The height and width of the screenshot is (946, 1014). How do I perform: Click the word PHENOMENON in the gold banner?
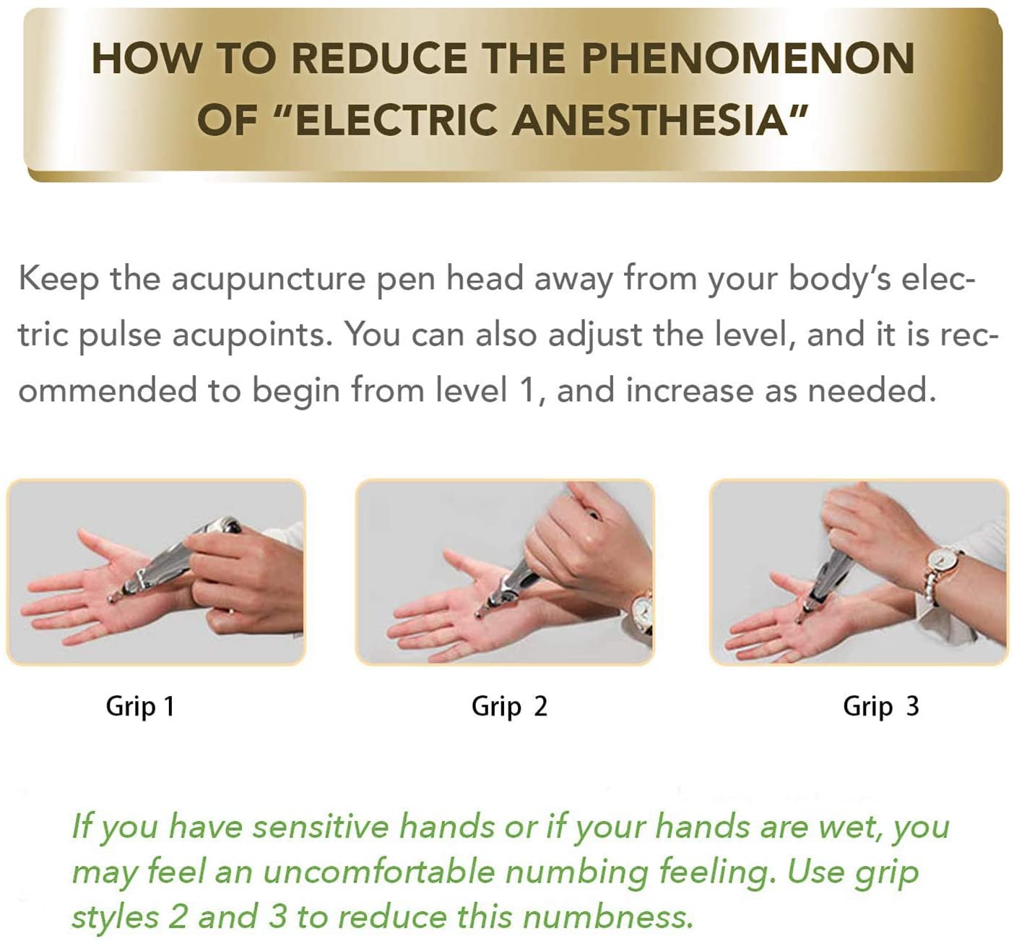[x=748, y=58]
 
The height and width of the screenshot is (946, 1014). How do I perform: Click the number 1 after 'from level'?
[x=529, y=390]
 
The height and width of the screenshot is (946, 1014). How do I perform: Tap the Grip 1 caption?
[x=140, y=708]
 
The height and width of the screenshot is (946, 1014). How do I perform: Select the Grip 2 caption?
[x=509, y=708]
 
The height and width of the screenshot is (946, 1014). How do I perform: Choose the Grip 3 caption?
[x=880, y=708]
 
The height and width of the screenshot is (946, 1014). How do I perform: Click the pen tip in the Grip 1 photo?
[x=110, y=598]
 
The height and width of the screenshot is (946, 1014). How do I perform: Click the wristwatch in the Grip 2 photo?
[x=641, y=614]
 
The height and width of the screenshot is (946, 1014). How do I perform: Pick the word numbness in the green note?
[x=607, y=916]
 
